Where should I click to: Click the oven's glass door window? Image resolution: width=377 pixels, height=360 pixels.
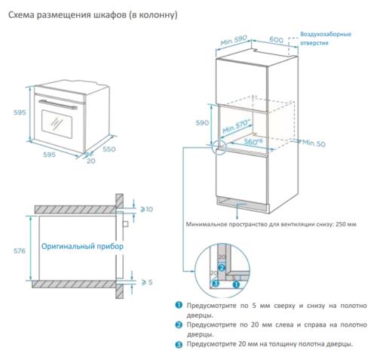click(56, 122)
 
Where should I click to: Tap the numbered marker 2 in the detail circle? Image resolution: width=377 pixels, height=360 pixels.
click(221, 266)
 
